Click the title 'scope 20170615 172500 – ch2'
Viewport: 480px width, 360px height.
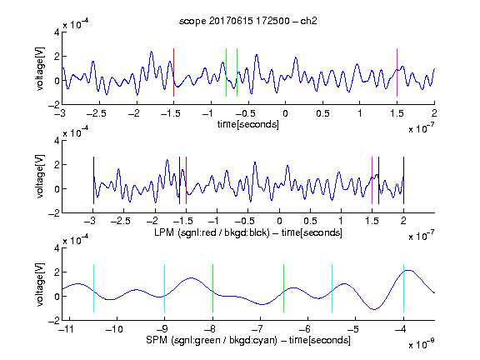pos(248,21)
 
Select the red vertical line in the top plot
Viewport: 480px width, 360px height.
pos(174,72)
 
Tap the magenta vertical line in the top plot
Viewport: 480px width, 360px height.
pos(397,72)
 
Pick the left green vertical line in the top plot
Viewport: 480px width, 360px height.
pos(226,72)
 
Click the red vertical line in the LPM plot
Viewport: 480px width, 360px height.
pos(186,180)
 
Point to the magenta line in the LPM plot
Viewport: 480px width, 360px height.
pos(372,180)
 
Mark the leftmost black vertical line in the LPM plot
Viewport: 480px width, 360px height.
pos(93,180)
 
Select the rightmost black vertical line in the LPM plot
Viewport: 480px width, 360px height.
pos(403,180)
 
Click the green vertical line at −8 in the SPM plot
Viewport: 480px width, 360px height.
pos(212,288)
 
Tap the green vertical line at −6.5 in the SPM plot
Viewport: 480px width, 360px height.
pos(284,288)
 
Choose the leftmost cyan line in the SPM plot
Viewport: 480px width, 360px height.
pos(93,288)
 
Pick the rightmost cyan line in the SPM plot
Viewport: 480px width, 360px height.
pos(403,288)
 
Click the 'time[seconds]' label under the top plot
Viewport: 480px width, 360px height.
pos(248,124)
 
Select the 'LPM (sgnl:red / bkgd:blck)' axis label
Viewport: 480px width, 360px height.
pos(212,232)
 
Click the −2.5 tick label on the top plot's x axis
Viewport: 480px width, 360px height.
pos(97,113)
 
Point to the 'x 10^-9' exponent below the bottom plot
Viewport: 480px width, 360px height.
pos(421,344)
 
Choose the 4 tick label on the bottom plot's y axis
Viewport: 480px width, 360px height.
pos(57,248)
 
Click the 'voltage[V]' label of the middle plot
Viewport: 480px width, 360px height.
pos(40,177)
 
